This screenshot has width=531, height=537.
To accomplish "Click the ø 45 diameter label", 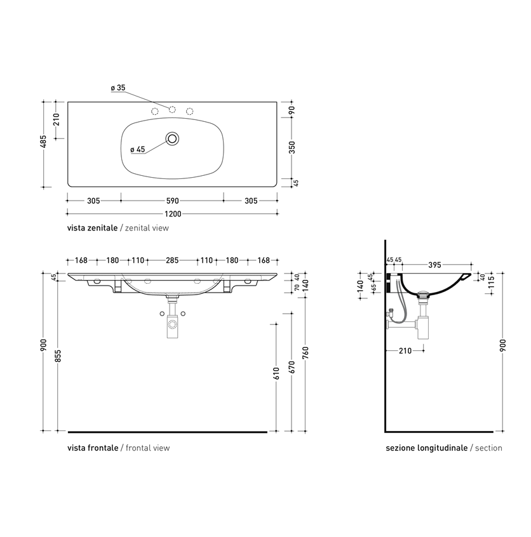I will point(138,149).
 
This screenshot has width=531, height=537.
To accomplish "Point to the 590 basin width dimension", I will point(172,201).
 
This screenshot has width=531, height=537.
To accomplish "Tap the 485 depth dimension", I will point(43,143).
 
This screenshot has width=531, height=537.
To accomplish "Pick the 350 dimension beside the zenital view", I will point(292,147).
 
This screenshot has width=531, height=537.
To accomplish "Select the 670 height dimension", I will point(292,367).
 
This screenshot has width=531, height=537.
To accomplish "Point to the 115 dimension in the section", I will point(491,287).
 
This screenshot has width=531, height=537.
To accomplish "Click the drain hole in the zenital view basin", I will point(172,138).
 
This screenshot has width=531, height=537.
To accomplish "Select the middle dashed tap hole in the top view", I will point(172,110).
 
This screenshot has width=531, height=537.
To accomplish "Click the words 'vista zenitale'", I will point(92,227).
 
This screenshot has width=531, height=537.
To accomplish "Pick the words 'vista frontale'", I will point(93,447).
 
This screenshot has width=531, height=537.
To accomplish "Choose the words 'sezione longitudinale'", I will point(426,447).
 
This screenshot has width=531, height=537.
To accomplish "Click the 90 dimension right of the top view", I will point(292,109).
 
